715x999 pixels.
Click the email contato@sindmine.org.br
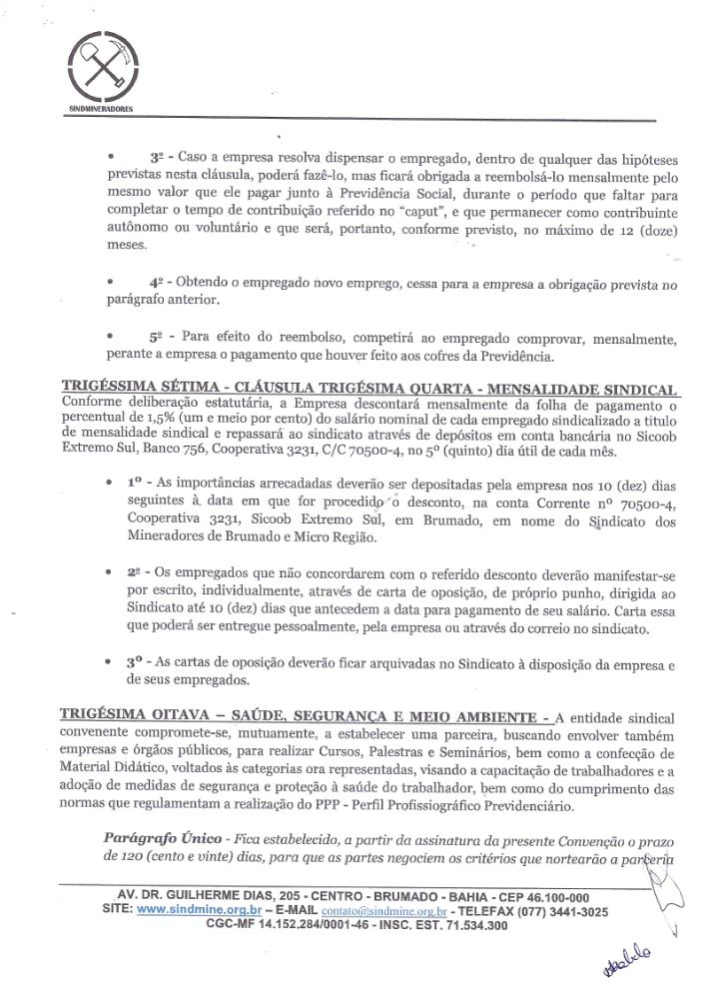click(x=383, y=911)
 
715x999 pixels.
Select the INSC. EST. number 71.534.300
click(x=466, y=926)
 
